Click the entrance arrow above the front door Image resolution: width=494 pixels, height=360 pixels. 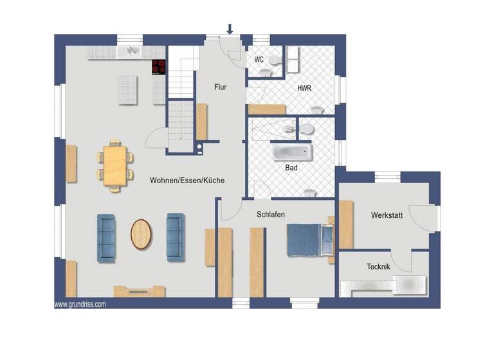point(230,28)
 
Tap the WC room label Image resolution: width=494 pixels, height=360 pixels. point(259,59)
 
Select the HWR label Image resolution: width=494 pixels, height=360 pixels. point(304,88)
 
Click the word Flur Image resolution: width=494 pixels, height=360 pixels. point(220,85)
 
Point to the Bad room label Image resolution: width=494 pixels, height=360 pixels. point(291,167)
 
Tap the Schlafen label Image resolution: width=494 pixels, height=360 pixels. point(270,215)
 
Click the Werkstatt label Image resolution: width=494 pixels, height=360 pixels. point(387,215)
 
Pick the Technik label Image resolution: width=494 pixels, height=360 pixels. point(378,266)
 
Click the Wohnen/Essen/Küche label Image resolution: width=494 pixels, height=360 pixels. point(187,181)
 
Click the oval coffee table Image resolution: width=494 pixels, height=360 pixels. point(142,234)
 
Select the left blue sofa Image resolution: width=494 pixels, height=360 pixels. point(106,238)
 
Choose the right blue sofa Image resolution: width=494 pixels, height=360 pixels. point(175,237)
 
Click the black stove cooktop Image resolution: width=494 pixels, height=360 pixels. point(158,66)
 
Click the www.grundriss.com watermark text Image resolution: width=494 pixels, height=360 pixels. point(80,304)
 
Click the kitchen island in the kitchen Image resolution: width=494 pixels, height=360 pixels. point(127,89)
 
